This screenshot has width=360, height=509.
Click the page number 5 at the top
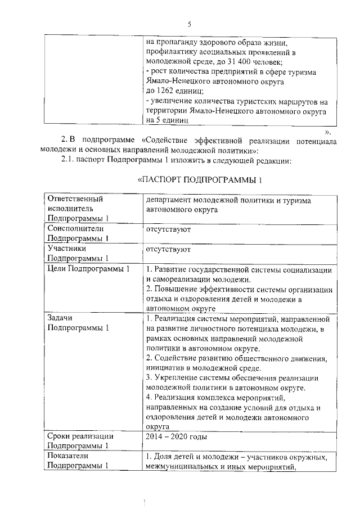point(190,24)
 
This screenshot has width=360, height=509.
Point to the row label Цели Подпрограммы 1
point(89,269)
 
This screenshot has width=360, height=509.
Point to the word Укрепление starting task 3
point(177,377)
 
